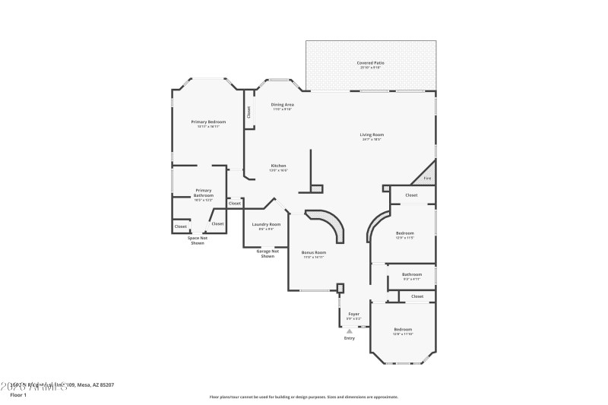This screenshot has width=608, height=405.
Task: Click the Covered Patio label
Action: pos(370,63)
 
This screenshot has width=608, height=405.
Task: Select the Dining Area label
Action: pos(283,105)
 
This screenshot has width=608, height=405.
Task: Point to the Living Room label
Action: pos(372,135)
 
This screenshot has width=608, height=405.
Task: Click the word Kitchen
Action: pos(279,166)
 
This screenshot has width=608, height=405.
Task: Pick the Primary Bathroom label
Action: pos(204,193)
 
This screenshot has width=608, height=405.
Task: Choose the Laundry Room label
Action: pos(267,224)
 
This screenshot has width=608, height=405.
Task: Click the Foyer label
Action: pos(354,314)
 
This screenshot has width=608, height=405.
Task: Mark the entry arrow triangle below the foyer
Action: pos(350,331)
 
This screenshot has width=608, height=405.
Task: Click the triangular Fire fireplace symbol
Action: pos(426,178)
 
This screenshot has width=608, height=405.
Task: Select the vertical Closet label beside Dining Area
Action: pos(249,112)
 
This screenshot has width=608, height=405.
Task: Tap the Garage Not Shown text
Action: pos(268,254)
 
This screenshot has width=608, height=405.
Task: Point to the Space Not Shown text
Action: pos(198,240)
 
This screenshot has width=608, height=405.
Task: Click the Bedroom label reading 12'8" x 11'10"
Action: pos(403,329)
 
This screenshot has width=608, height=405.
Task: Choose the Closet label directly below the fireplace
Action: pos(411,195)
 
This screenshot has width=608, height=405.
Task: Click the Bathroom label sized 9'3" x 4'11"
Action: pos(412,274)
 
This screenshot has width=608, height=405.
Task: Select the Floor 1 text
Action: pos(17,395)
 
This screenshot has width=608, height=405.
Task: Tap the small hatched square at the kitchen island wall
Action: pos(317,188)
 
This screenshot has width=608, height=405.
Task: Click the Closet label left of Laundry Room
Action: pos(235,203)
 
